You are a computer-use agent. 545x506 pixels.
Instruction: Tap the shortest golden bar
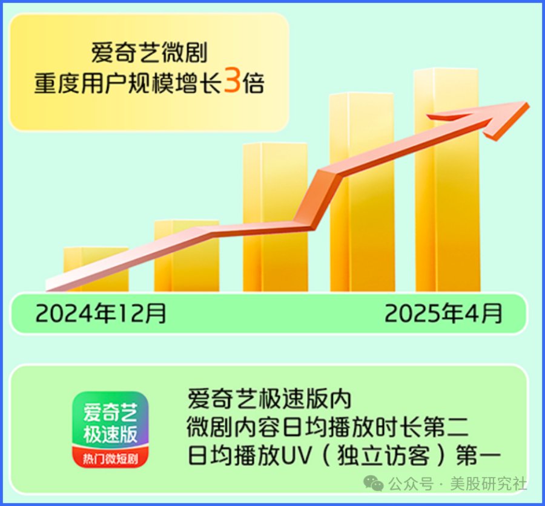click(x=96, y=269)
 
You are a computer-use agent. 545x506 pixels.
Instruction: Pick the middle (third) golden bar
click(x=276, y=217)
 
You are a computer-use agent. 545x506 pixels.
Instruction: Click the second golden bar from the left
click(x=187, y=256)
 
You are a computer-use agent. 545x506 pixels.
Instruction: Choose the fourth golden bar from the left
click(x=362, y=192)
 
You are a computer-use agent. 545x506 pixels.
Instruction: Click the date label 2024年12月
click(x=101, y=313)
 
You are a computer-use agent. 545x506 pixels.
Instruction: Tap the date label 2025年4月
click(x=443, y=313)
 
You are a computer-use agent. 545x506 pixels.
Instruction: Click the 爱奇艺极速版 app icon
click(x=111, y=429)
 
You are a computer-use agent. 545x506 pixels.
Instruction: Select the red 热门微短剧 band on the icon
click(x=111, y=458)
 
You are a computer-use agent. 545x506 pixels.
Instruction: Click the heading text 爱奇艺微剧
click(x=150, y=53)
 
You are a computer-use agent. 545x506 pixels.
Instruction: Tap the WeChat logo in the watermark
click(x=373, y=484)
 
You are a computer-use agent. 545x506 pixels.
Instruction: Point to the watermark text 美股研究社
click(x=488, y=484)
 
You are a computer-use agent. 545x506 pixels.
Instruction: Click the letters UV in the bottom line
click(x=296, y=456)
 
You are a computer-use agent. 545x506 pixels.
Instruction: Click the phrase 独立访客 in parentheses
click(x=383, y=456)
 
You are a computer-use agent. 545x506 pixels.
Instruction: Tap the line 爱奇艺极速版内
click(x=269, y=399)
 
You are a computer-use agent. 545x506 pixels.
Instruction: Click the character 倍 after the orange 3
click(x=253, y=84)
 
